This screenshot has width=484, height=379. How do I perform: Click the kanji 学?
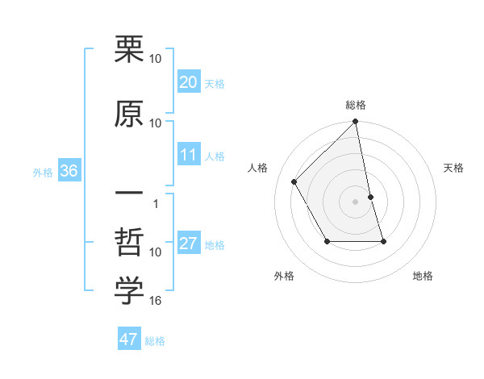click(x=129, y=291)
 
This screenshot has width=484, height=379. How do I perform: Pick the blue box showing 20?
click(x=189, y=82)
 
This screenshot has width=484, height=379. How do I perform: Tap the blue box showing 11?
click(x=189, y=156)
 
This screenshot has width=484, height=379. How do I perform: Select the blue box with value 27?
click(x=189, y=244)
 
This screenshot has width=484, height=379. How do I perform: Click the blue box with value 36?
click(x=69, y=171)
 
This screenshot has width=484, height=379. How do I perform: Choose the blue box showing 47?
click(x=129, y=339)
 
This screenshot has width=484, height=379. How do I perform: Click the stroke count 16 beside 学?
click(x=156, y=301)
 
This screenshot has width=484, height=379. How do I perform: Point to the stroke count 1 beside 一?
click(x=156, y=204)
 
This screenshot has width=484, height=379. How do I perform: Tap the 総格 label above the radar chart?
click(x=356, y=105)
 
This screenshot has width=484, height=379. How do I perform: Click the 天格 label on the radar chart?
click(x=454, y=168)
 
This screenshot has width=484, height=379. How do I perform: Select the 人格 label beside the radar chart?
click(x=258, y=168)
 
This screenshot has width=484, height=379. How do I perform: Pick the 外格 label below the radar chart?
click(x=284, y=276)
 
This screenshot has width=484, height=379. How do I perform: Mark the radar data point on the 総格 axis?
click(x=356, y=123)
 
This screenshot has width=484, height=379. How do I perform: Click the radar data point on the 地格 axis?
click(x=383, y=241)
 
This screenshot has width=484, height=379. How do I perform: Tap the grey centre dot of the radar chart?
click(x=356, y=201)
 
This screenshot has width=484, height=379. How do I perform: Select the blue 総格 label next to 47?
click(x=155, y=341)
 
